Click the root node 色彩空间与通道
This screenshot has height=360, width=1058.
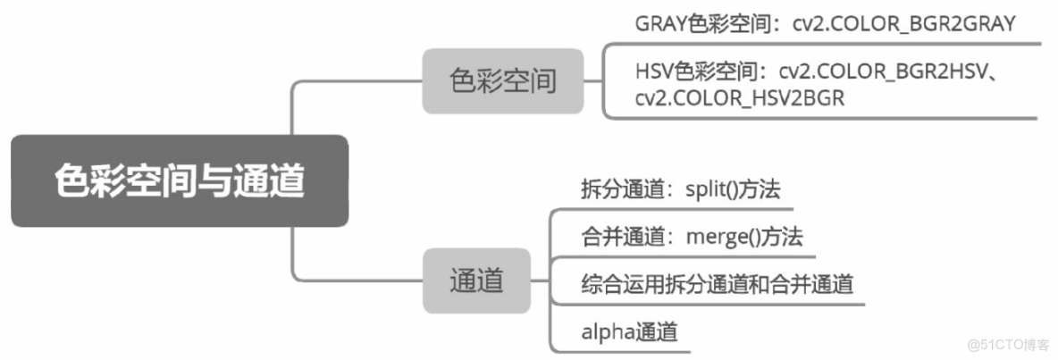179,180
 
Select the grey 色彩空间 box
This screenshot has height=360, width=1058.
502,81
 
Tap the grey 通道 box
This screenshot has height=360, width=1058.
476,280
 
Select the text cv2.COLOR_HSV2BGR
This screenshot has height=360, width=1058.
741,97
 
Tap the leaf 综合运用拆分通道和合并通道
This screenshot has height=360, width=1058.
717,284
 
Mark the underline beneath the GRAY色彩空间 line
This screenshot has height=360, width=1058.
822,42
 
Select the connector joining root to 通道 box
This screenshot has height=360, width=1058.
295,259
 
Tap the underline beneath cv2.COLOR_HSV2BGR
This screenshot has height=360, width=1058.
822,117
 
